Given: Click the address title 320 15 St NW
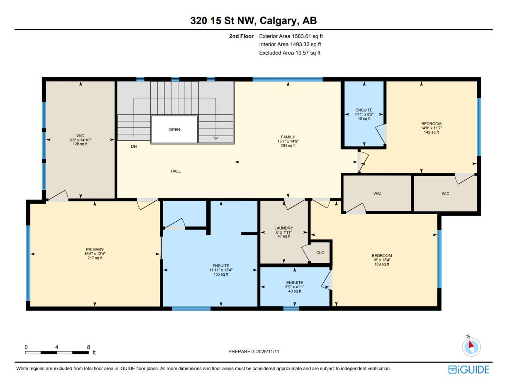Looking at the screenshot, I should (254, 20).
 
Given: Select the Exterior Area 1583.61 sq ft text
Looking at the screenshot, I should (291, 36).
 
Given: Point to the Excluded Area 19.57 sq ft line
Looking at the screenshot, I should (290, 53).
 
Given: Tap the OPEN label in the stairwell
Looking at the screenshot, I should (174, 129).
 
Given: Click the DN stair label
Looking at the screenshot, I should (134, 147).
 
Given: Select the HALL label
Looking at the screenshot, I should (176, 171).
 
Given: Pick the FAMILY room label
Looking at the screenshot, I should (288, 137).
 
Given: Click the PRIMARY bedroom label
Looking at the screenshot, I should (95, 250).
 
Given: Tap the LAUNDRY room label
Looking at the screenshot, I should (284, 228).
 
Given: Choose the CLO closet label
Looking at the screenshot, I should (320, 253).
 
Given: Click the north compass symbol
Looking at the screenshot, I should (471, 346).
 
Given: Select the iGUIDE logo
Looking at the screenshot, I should (469, 369).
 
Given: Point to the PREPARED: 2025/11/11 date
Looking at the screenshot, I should (254, 352).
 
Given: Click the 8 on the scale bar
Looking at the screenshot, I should (89, 347).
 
